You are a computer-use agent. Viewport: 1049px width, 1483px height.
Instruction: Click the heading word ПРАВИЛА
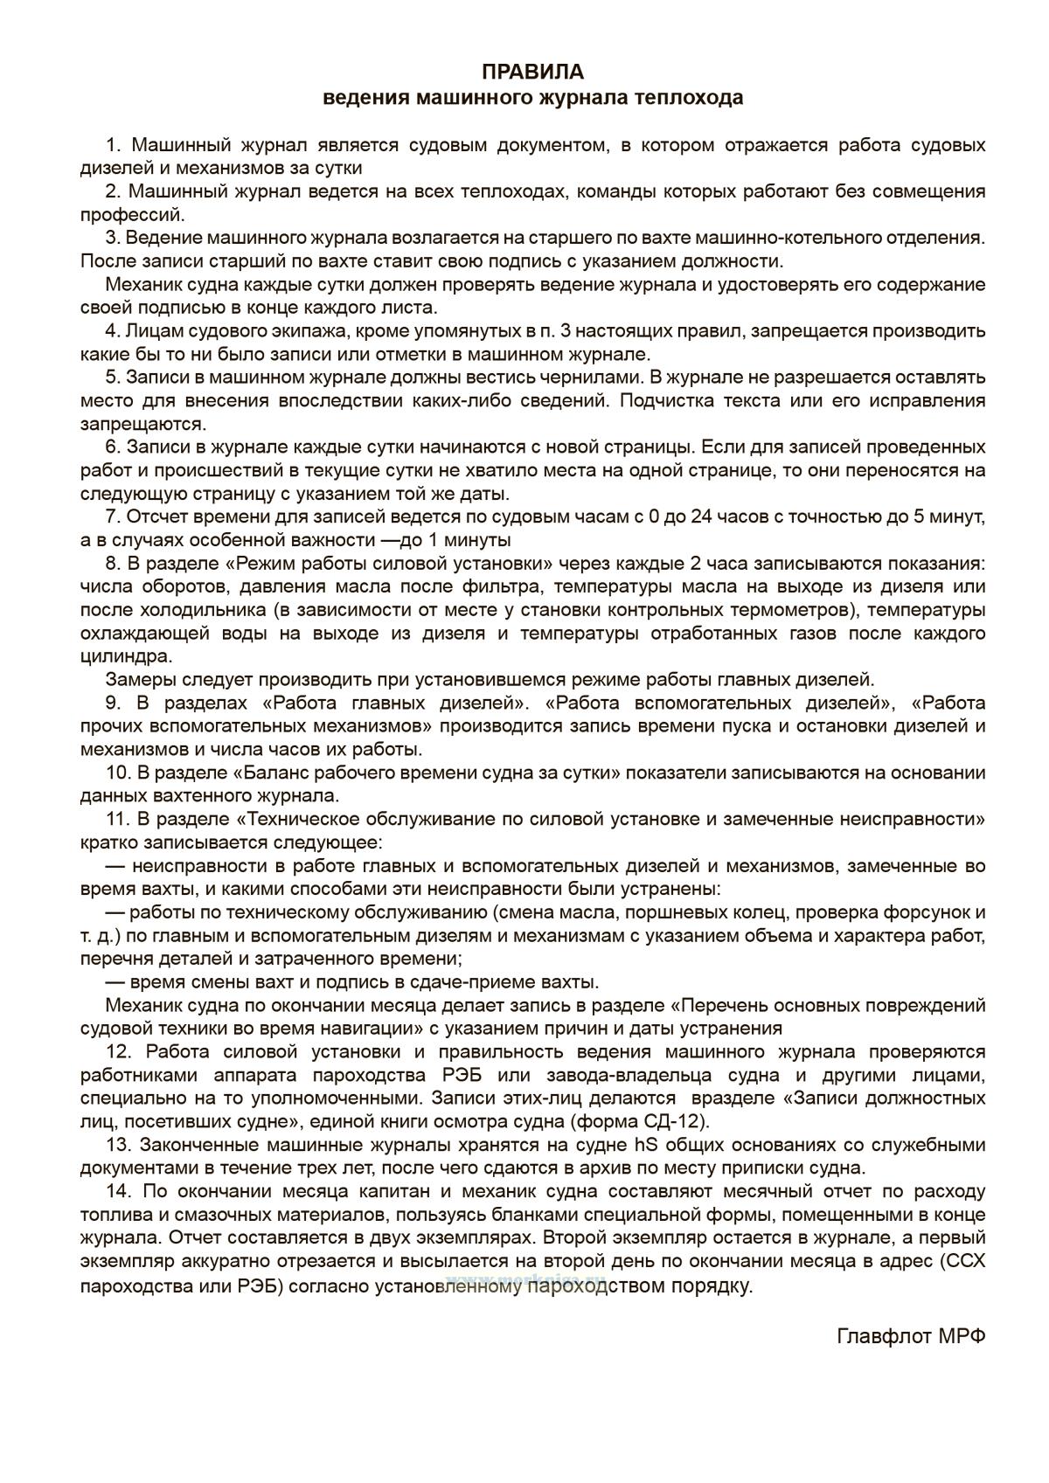532,71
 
